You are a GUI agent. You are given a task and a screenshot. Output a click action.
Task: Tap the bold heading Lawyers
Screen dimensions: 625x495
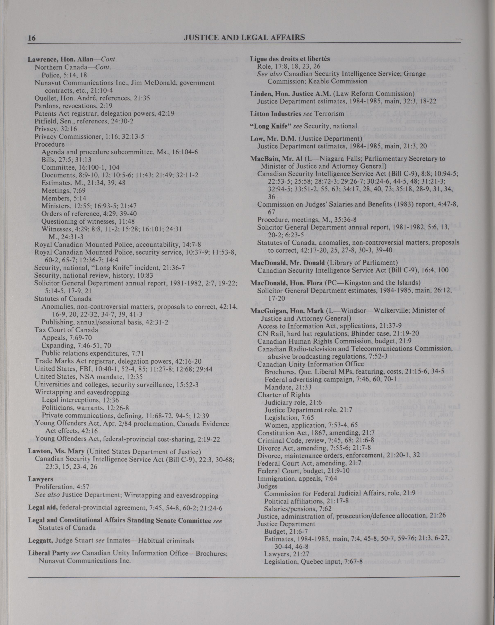pyautogui.click(x=36, y=479)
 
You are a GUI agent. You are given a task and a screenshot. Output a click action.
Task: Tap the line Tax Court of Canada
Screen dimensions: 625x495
pyautogui.click(x=66, y=330)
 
